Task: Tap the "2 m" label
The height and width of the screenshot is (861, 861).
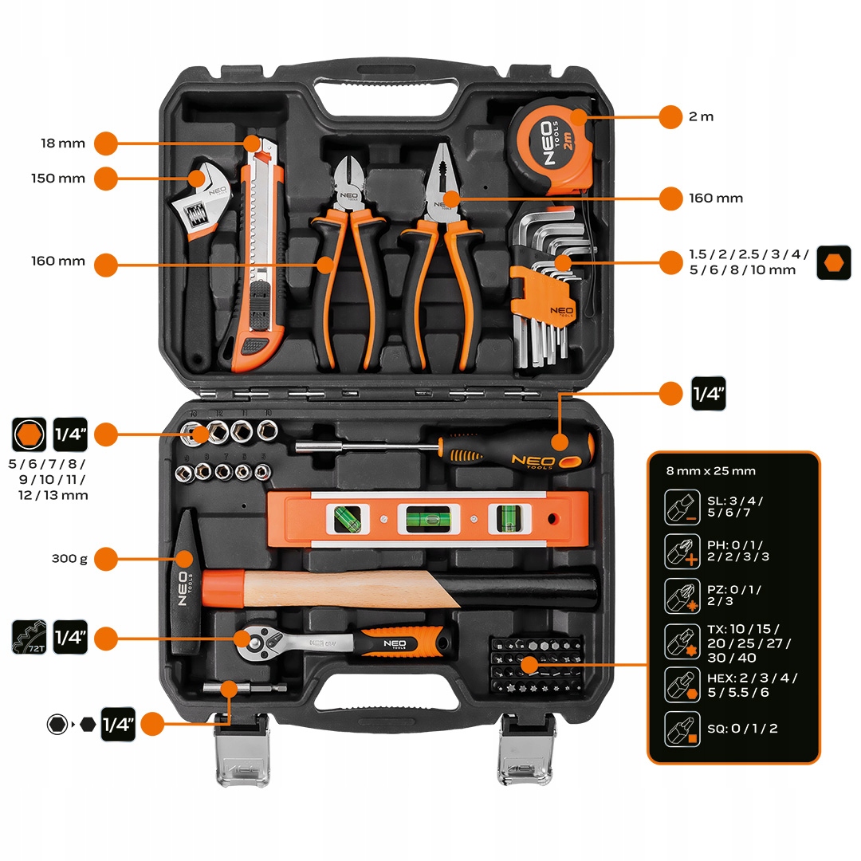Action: (701, 116)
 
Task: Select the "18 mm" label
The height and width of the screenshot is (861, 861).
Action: (63, 143)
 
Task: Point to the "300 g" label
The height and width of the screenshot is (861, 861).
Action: (69, 558)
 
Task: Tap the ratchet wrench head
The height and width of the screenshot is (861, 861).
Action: (257, 637)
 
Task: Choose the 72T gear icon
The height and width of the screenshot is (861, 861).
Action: (28, 637)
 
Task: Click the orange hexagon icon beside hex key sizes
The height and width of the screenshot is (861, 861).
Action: (833, 262)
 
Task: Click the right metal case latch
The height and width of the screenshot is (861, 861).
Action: (525, 750)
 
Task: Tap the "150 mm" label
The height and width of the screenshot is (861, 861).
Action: (59, 178)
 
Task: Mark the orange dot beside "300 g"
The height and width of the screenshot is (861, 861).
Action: (106, 558)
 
